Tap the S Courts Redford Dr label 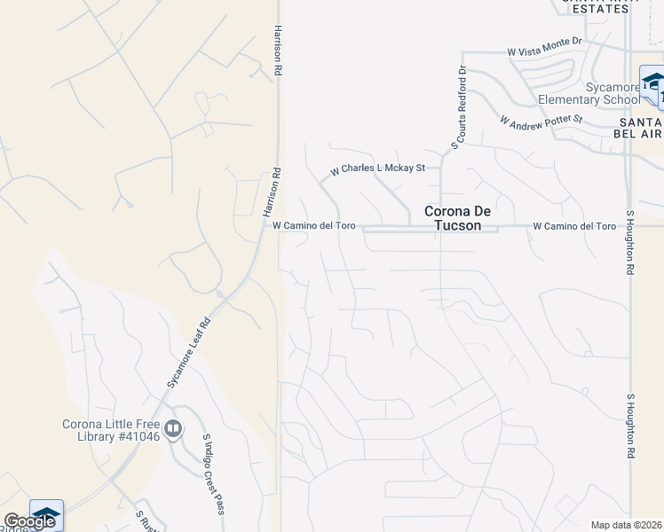click(x=459, y=107)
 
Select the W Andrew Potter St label click(x=541, y=119)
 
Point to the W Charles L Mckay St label click(x=377, y=168)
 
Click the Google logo click(x=28, y=522)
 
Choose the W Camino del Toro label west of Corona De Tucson click(x=313, y=226)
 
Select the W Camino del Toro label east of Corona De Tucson click(x=574, y=226)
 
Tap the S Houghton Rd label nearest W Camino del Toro click(x=631, y=241)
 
